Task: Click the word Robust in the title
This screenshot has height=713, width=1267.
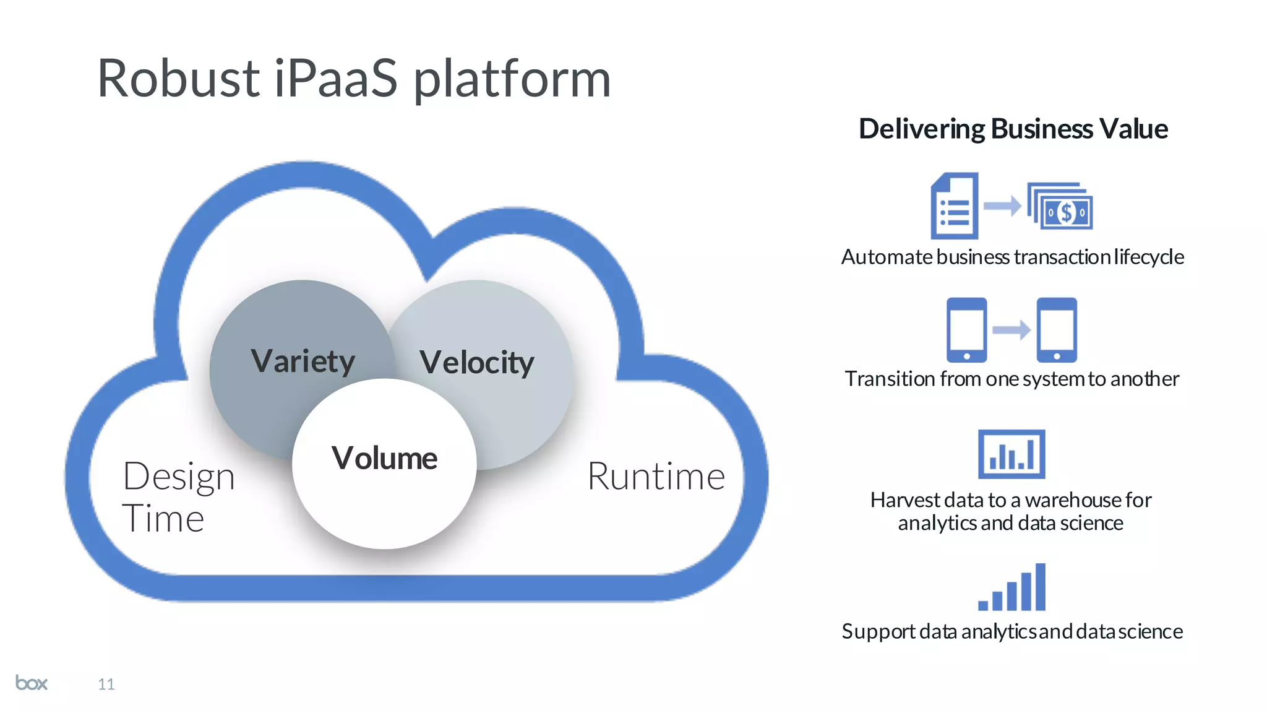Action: [x=178, y=79]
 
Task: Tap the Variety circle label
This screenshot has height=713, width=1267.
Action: [x=303, y=361]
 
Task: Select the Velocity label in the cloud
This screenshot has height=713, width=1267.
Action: [x=476, y=362]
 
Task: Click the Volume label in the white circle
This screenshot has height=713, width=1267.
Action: [x=384, y=458]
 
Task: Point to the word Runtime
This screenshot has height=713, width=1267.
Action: [x=656, y=477]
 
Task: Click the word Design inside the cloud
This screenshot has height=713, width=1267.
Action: [x=179, y=477]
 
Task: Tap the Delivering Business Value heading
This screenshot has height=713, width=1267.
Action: [x=1013, y=129]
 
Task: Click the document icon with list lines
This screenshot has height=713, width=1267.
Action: [x=955, y=206]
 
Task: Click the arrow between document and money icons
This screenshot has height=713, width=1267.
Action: [x=1002, y=206]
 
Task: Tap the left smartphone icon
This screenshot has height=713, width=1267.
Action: [x=966, y=330]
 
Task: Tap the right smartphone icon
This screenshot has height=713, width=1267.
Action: [x=1057, y=330]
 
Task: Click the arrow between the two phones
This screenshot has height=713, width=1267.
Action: [x=1011, y=330]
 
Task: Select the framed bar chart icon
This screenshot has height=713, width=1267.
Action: [x=1011, y=454]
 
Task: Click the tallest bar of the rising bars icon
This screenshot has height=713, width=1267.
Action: [x=1040, y=587]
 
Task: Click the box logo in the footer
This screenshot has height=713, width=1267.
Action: [x=32, y=683]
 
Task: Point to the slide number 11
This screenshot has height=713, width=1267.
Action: [x=106, y=684]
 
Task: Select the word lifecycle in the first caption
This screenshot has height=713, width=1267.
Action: [x=1149, y=257]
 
